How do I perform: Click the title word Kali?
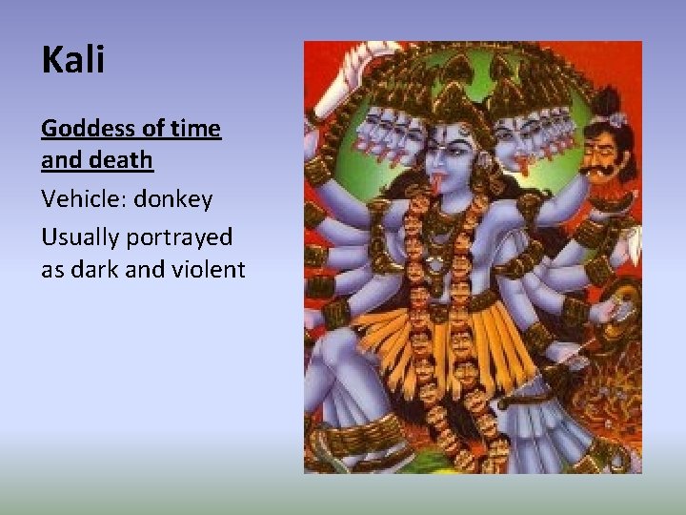[73, 60]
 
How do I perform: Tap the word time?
[196, 129]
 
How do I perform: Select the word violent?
[209, 270]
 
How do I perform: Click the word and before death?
[60, 160]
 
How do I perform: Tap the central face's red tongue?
[440, 178]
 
